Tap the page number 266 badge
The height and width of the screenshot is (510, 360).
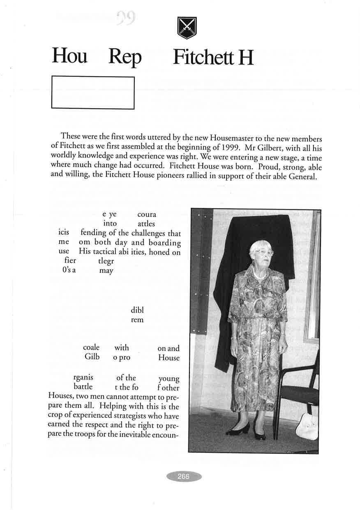point(184,477)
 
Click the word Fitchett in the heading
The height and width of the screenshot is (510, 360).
point(202,57)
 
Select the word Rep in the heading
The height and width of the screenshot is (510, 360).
point(125,58)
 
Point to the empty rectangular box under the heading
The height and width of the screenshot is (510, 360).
point(93,93)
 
